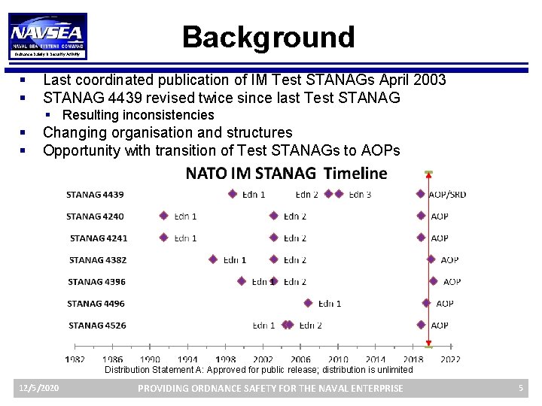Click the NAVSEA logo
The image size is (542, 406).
(x=49, y=36)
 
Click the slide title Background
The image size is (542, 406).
(x=268, y=37)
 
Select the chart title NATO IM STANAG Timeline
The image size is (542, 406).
(x=286, y=174)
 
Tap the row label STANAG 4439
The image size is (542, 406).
(x=95, y=195)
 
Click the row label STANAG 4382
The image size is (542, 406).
(x=98, y=260)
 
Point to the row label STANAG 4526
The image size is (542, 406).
(x=97, y=326)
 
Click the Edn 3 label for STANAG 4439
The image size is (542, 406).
(x=360, y=195)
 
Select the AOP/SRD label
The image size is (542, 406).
(x=447, y=195)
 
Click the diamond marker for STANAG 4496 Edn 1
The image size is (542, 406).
(x=308, y=304)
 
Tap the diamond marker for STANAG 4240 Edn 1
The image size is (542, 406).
(x=163, y=216)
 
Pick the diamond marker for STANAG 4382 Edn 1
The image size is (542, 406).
(x=213, y=260)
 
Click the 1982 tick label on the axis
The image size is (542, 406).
(x=75, y=360)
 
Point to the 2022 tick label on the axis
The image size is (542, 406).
(x=450, y=360)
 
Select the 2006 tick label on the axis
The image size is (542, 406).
(x=300, y=360)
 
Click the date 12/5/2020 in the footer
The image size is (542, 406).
(x=39, y=388)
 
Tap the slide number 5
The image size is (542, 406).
(x=520, y=388)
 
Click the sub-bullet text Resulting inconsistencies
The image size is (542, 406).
(x=138, y=115)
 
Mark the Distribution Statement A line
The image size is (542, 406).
(x=258, y=370)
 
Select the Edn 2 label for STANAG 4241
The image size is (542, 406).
(x=295, y=238)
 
